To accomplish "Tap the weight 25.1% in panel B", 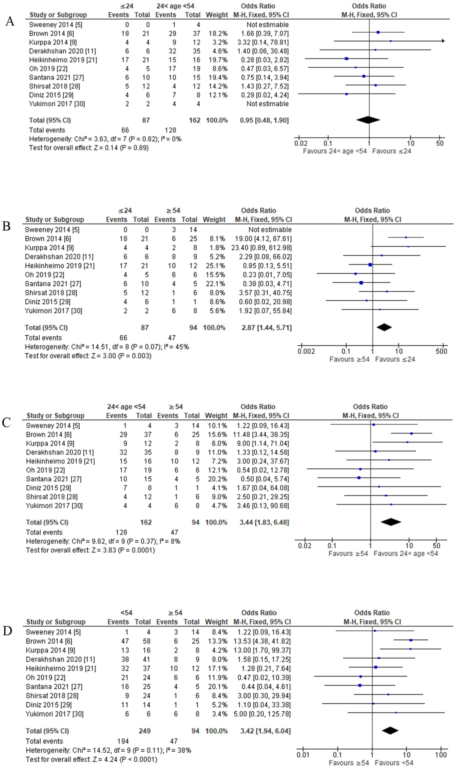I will [214, 265].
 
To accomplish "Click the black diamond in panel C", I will [391, 522].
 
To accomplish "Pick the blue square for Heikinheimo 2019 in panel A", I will [346, 59].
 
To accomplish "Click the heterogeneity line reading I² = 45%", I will [107, 347].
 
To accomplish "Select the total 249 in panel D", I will [144, 731].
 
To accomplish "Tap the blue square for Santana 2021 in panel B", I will [361, 283].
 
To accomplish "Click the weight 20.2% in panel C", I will [216, 479].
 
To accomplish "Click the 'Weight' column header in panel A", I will [217, 15].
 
